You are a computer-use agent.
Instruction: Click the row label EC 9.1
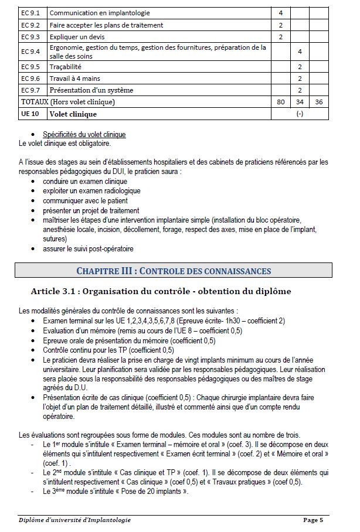(29, 12)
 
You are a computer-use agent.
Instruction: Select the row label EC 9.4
(29, 52)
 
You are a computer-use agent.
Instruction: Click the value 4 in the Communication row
(281, 12)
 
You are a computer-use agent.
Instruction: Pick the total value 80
(281, 102)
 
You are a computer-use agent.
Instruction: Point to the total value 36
(319, 102)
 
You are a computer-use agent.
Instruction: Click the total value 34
(300, 102)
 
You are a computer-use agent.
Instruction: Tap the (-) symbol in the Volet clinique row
(300, 114)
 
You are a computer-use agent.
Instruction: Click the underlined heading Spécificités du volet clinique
(84, 135)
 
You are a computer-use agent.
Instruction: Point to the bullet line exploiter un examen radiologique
(91, 191)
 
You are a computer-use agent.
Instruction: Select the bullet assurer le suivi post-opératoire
(88, 248)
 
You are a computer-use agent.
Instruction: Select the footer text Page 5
(314, 520)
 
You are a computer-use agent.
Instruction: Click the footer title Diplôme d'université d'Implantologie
(74, 520)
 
